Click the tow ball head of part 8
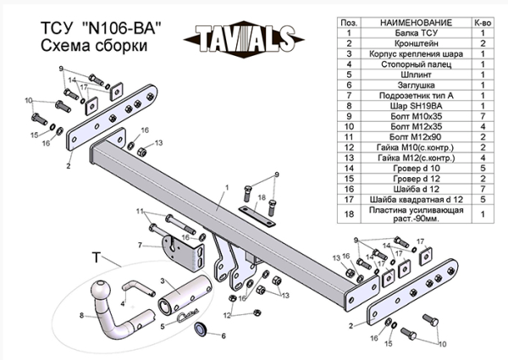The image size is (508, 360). click(x=102, y=291)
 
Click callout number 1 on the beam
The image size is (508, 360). click(x=227, y=187)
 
